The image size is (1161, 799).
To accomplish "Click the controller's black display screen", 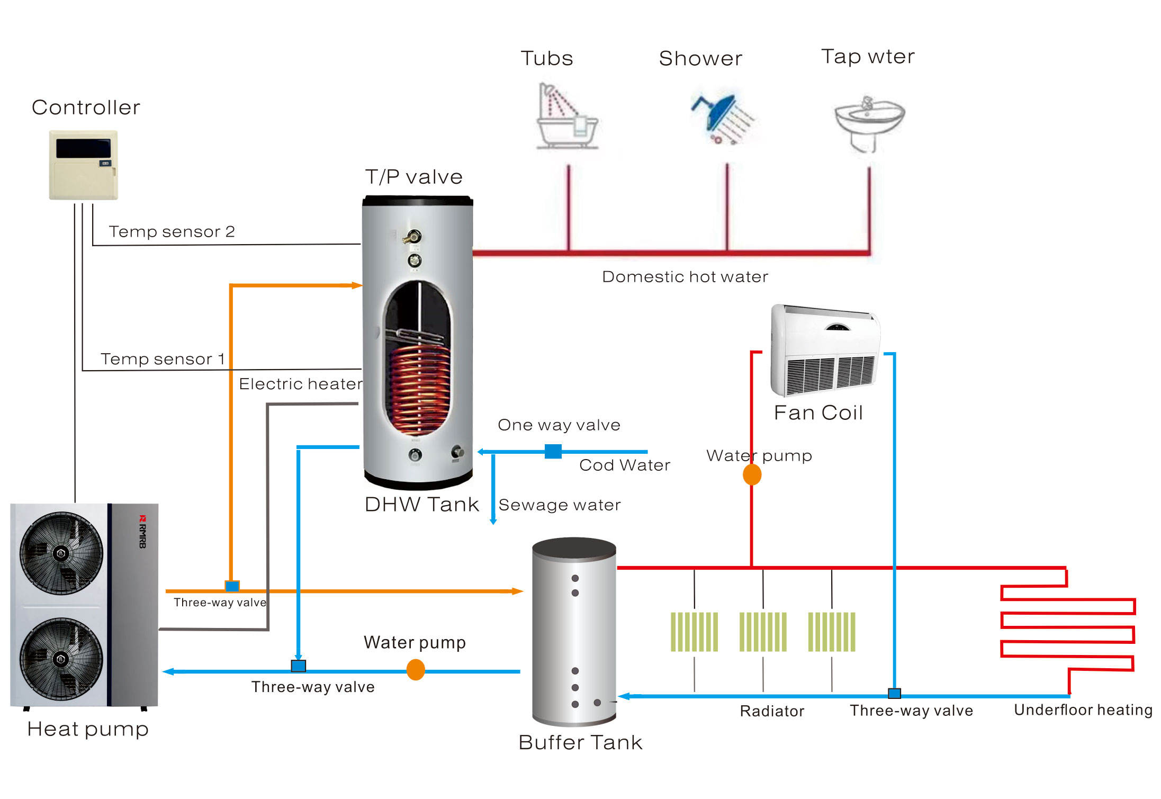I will [x=83, y=148].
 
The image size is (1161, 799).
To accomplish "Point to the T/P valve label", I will [x=413, y=177].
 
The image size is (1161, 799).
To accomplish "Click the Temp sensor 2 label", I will [x=172, y=231].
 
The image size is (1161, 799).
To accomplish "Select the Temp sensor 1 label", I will [x=163, y=359].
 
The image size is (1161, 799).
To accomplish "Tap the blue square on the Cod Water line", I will [x=553, y=451].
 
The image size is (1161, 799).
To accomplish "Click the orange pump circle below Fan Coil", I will [x=752, y=474].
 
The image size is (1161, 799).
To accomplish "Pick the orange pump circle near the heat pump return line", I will [x=416, y=670].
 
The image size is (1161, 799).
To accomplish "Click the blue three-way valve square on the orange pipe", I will [x=232, y=586].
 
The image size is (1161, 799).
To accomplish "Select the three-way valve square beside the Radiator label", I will [x=894, y=694].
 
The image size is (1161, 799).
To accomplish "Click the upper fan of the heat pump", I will [x=61, y=553].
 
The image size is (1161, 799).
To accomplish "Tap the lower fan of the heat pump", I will [x=61, y=659].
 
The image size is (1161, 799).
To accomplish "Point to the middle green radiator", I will [x=763, y=632].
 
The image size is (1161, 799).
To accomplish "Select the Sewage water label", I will [x=560, y=505].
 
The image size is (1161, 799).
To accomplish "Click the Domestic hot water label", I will [x=685, y=277].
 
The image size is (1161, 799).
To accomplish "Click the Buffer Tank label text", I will [x=580, y=742].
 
